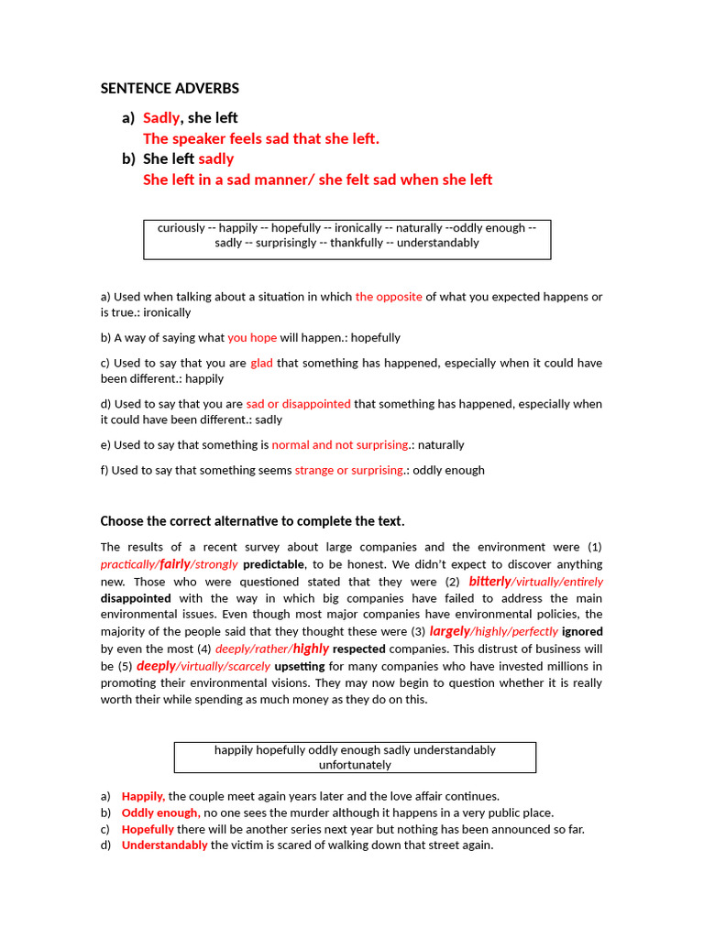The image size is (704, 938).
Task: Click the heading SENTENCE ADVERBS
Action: point(170,89)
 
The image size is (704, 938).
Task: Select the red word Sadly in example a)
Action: point(161,118)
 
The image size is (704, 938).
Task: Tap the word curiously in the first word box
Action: point(181,228)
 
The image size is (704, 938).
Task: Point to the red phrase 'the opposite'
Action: point(389,297)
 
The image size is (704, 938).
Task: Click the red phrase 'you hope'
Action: point(252,337)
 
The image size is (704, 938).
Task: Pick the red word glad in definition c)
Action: point(261,363)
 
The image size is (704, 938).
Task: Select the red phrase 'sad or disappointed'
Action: point(298,404)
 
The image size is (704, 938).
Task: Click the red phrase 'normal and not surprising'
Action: point(339,445)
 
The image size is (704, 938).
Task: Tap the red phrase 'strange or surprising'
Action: point(348,471)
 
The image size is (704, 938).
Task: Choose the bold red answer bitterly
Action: point(489,582)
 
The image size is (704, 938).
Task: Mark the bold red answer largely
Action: point(449,631)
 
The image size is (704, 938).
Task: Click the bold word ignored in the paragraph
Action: point(582,632)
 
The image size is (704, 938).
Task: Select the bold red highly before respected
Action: point(311,649)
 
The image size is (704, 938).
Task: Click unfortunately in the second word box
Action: point(355,765)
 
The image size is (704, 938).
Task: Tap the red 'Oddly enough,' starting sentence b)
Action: point(159,813)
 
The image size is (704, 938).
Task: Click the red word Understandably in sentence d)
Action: point(164,845)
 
